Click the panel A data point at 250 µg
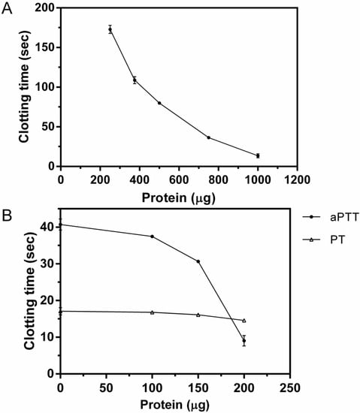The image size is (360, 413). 110,29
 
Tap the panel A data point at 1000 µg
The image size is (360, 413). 258,155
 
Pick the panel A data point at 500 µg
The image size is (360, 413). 159,103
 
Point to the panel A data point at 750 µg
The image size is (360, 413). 208,137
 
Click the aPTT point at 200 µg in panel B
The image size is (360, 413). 244,341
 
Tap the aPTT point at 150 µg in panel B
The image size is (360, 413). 198,261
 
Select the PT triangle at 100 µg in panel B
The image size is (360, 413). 152,312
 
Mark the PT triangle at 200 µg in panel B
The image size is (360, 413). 244,321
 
